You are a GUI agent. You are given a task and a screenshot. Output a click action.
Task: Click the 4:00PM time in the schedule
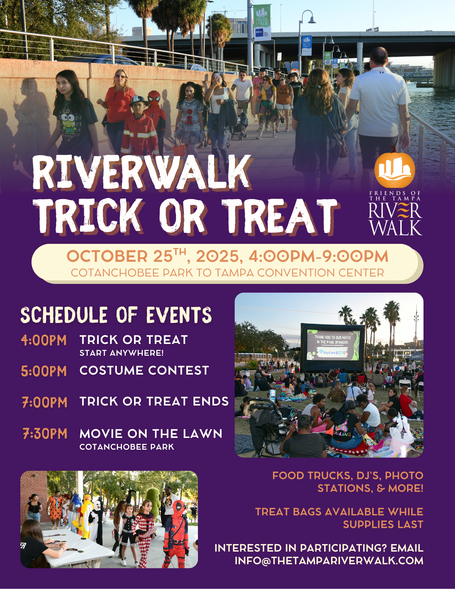44,340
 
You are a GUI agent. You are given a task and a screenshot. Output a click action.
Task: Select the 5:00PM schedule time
44,371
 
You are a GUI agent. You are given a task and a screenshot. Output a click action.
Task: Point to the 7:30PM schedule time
45,434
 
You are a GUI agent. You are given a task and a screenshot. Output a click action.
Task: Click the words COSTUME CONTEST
144,370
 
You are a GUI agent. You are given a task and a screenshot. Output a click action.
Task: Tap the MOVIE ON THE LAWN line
151,434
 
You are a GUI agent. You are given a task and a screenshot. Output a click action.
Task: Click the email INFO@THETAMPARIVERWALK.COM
329,560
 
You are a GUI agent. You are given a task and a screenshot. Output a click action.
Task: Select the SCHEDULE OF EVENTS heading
116,315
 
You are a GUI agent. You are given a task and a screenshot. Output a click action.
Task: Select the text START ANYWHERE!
121,353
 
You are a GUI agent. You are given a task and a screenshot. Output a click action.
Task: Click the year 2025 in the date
217,256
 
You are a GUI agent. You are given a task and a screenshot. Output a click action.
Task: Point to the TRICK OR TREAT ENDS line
154,401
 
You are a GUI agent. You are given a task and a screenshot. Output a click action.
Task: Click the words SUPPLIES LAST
383,525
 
